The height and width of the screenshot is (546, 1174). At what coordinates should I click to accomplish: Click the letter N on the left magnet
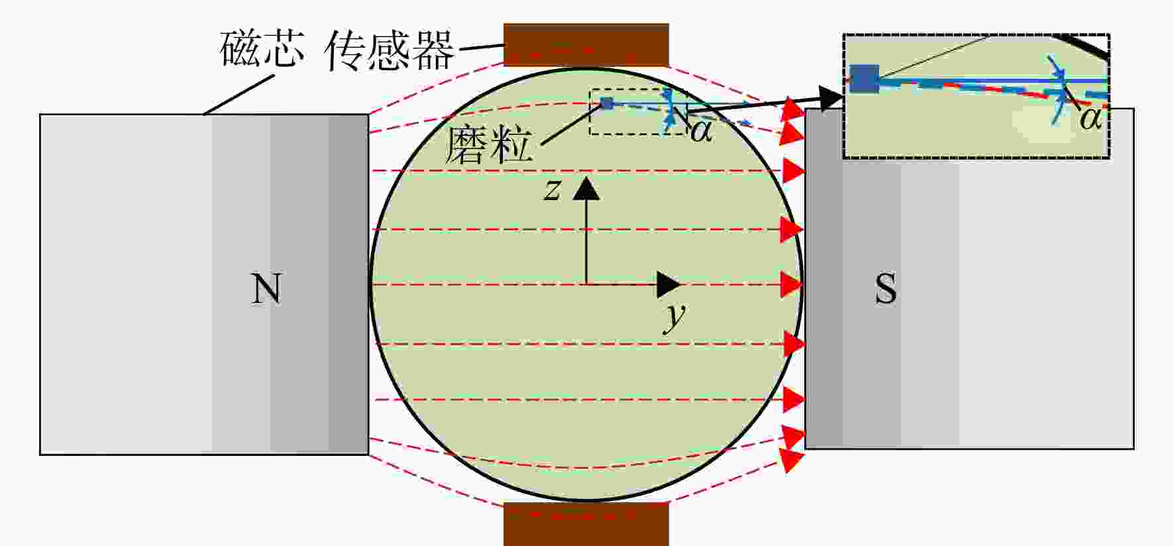pos(266,288)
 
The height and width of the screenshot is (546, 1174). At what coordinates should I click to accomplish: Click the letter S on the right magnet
pos(886,288)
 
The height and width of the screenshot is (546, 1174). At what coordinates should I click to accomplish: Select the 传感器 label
pos(390,50)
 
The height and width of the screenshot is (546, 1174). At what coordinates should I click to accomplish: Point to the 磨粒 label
pos(488,145)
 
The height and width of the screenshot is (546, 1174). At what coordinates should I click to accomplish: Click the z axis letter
pos(552,190)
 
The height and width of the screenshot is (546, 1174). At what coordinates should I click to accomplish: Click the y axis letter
pos(674,317)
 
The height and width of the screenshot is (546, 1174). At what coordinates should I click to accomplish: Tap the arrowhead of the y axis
pos(668,284)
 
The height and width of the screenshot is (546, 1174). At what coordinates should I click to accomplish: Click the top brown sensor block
pos(586,45)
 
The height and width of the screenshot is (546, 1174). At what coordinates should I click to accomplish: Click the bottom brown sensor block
pos(586,524)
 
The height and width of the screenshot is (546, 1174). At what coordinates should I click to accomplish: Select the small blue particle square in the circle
pos(606,103)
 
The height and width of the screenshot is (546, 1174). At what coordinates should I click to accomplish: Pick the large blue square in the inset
pos(864,79)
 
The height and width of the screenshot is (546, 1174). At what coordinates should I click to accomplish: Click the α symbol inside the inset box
pos(1091,119)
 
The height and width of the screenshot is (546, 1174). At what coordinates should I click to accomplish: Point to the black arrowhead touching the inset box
pos(831,99)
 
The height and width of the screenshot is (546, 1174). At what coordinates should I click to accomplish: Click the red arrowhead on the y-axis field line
pos(792,284)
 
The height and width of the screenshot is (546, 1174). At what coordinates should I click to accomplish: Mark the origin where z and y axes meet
pos(586,284)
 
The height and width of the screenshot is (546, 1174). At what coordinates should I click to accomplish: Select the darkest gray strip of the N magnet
pos(348,284)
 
